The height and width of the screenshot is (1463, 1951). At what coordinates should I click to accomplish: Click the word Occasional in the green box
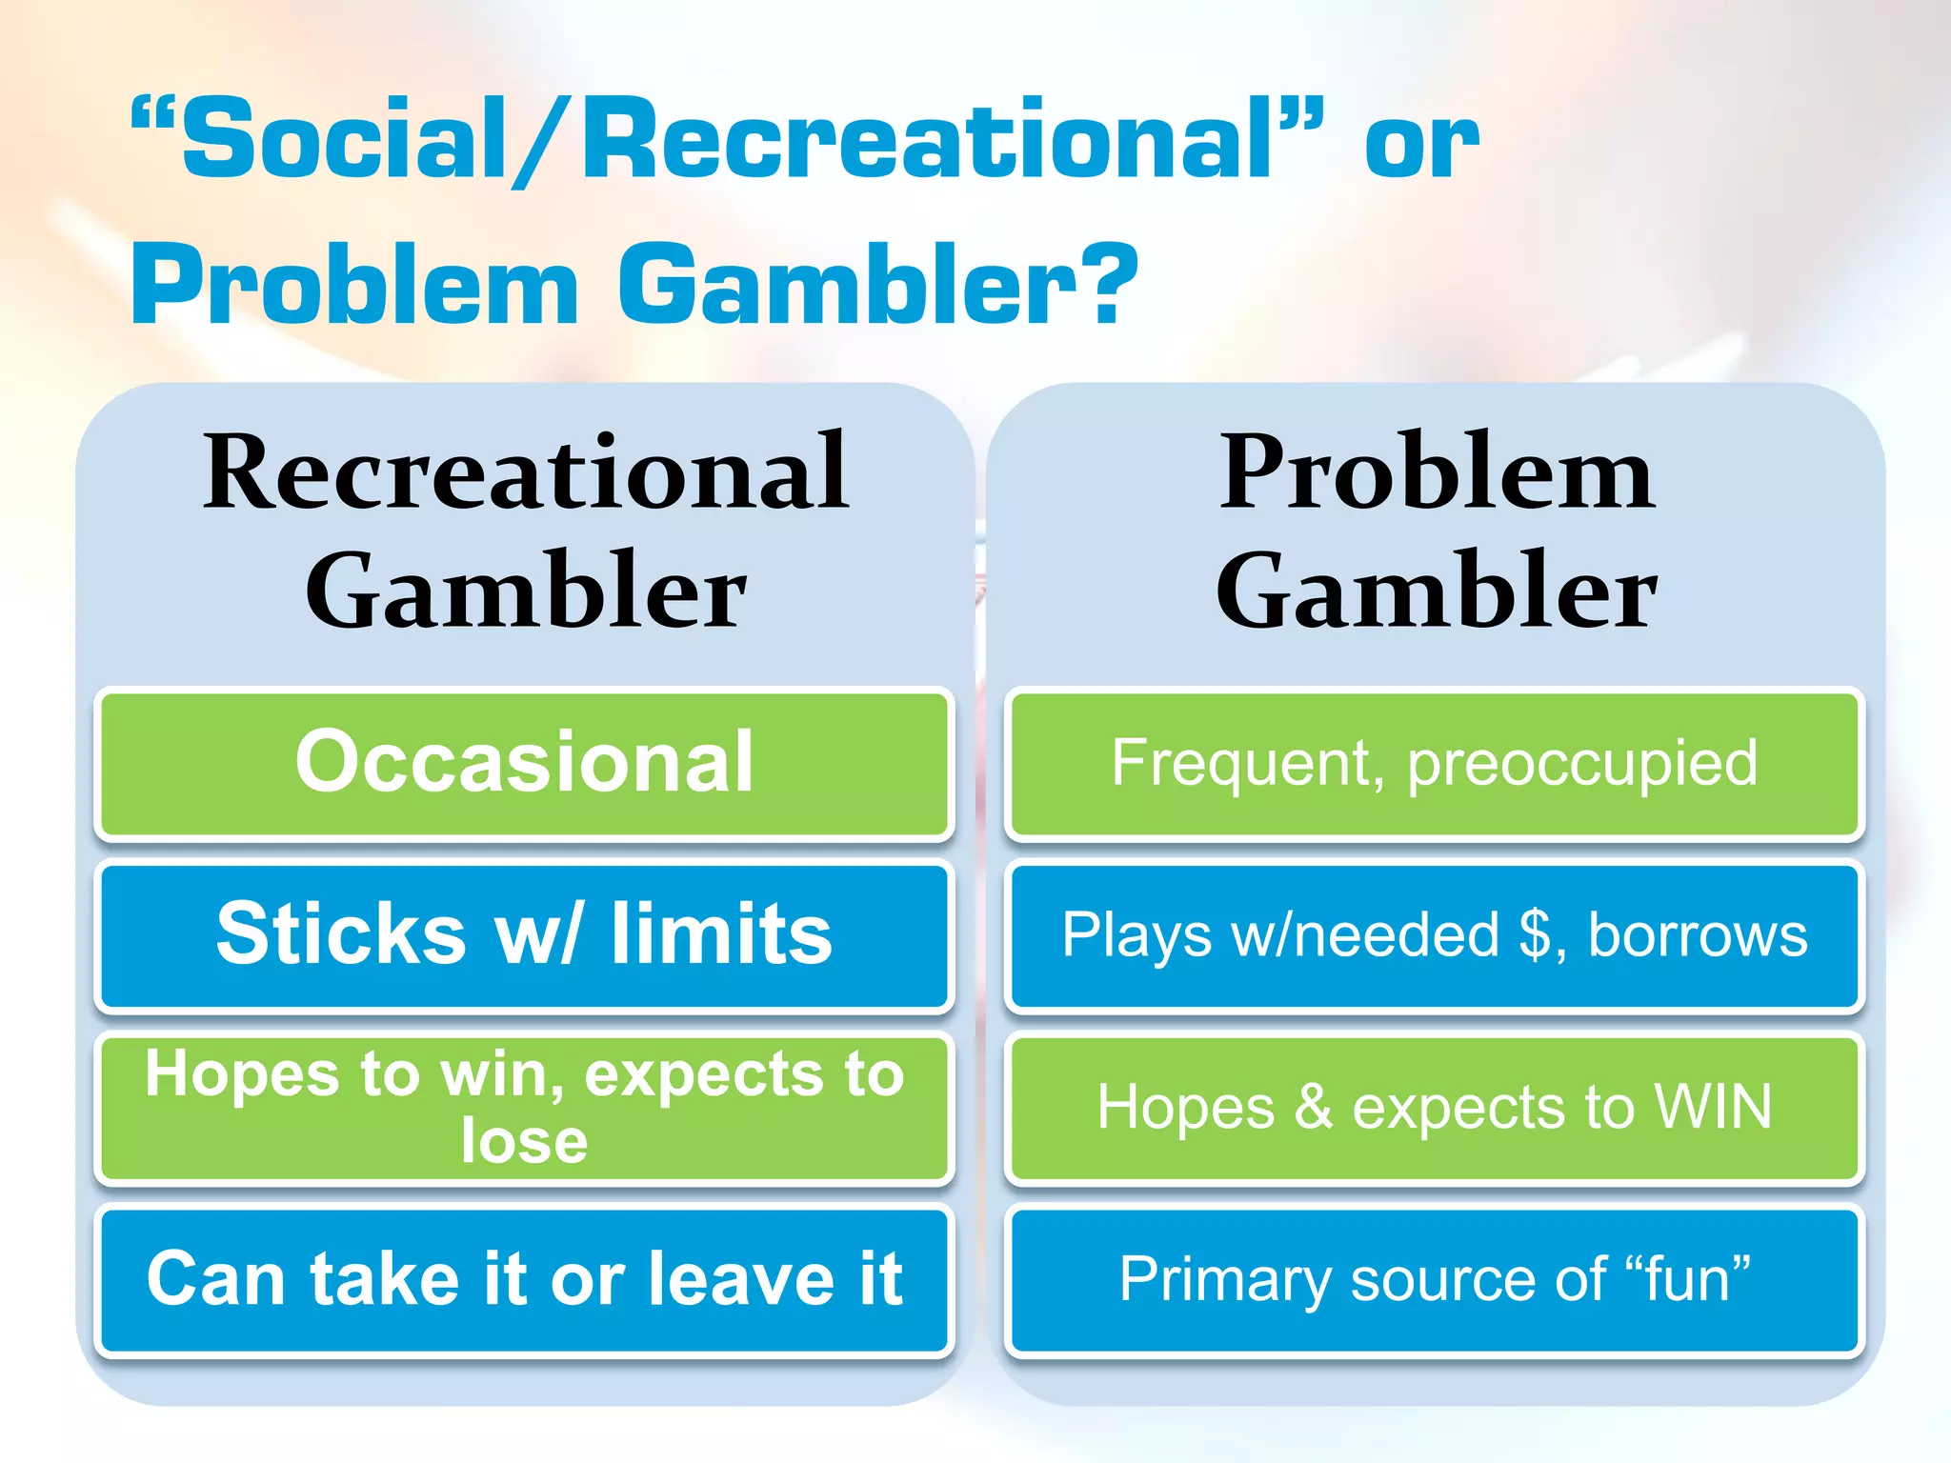click(x=524, y=761)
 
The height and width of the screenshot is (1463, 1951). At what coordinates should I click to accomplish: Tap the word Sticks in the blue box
click(x=341, y=933)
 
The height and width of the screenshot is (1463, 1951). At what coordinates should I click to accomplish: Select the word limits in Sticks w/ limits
click(x=721, y=933)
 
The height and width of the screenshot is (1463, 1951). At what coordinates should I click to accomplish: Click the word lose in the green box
click(x=524, y=1141)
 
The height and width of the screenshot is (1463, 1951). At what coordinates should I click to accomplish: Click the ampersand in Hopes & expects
click(x=1314, y=1107)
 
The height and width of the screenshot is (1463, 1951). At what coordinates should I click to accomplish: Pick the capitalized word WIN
click(x=1713, y=1107)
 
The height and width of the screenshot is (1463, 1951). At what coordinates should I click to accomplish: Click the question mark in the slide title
click(x=1110, y=284)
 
